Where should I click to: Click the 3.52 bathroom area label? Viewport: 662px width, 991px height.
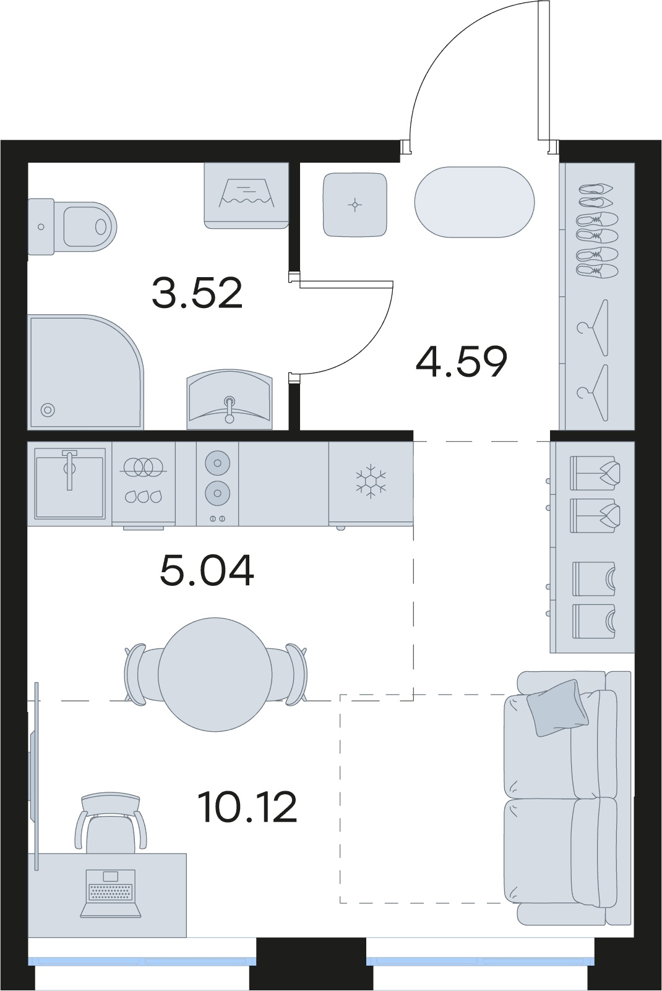197,293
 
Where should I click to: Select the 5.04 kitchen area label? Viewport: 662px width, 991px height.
207,571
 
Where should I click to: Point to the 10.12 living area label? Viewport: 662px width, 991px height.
247,807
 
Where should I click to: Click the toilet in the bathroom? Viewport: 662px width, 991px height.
72,227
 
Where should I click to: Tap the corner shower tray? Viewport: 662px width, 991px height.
86,372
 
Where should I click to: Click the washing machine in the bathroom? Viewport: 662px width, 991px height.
246,195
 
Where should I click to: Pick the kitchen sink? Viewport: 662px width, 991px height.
70,483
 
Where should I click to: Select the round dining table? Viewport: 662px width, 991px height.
215,675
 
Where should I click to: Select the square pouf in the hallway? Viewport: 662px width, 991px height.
355,204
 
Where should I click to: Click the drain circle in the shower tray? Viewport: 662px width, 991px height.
48,410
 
